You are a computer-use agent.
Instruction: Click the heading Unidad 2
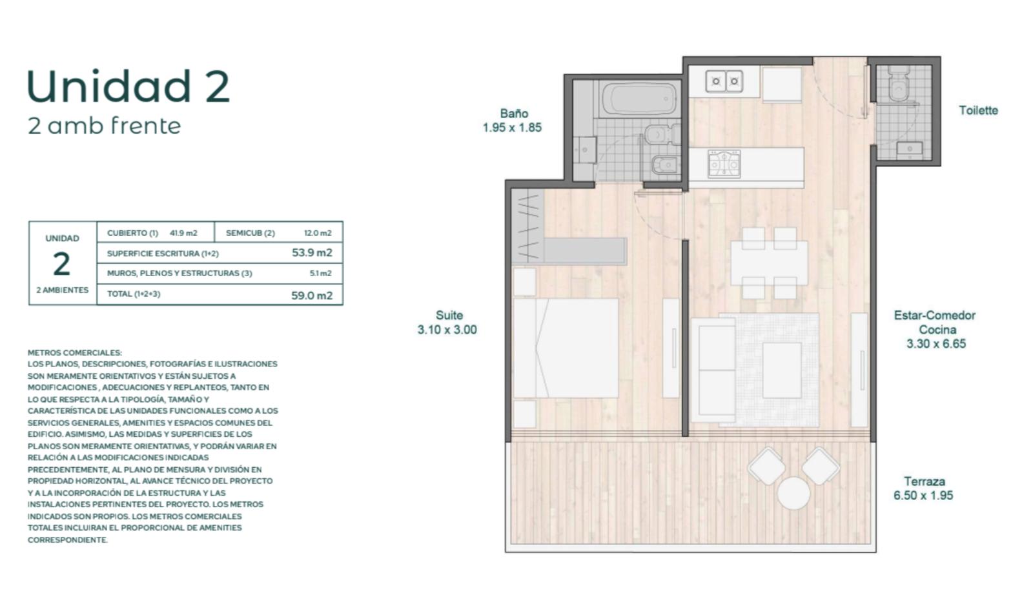[128, 86]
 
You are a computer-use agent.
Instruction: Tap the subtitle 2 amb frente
[104, 126]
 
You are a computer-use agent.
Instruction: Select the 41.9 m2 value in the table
[183, 233]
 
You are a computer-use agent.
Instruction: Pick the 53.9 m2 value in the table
[312, 252]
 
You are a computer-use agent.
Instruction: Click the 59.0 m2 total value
[312, 296]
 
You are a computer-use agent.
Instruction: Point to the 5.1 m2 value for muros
[320, 273]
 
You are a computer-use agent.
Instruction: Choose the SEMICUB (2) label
[251, 233]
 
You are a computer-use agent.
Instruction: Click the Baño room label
[514, 114]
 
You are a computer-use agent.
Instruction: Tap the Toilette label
[979, 110]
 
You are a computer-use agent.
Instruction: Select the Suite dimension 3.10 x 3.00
[447, 330]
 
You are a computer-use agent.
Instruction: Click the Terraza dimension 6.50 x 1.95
[923, 496]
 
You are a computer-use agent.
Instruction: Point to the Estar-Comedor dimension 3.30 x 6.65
[936, 344]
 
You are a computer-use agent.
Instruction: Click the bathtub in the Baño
[640, 99]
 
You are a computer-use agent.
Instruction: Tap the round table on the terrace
[793, 494]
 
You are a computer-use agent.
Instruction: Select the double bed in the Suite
[566, 348]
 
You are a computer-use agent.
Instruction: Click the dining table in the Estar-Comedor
[769, 263]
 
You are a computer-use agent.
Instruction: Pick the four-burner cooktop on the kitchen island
[724, 163]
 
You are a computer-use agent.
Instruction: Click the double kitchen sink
[724, 81]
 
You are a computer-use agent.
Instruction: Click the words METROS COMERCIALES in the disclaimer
[75, 353]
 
